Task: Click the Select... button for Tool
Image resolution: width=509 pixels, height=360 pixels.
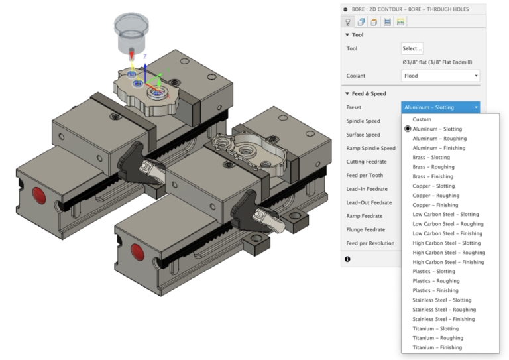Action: pos(412,48)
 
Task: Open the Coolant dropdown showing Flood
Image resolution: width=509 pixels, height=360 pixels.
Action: pos(440,76)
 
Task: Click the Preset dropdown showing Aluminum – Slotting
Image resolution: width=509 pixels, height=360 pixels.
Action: pos(440,107)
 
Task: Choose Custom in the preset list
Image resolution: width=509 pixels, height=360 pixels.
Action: pos(422,119)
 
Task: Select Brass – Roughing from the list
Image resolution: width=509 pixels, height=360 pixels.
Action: pos(433,167)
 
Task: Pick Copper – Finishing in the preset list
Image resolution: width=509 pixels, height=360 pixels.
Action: pos(435,205)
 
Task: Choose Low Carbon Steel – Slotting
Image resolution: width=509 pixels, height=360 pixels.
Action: pos(445,215)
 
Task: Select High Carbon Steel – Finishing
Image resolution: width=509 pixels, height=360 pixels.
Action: pos(448,262)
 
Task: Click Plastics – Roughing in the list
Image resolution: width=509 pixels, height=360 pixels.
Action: pos(435,281)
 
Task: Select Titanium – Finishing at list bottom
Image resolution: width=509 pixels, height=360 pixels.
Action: pos(437,347)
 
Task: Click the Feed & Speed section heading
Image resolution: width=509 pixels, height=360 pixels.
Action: pos(369,94)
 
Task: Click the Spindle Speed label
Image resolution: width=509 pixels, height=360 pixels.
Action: pos(363,121)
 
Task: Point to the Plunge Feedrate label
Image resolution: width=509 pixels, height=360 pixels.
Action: pos(366,229)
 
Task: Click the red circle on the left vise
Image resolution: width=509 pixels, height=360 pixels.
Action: pos(39,195)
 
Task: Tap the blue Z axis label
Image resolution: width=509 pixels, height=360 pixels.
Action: pos(145,58)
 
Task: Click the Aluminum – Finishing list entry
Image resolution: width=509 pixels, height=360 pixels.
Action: pos(439,148)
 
